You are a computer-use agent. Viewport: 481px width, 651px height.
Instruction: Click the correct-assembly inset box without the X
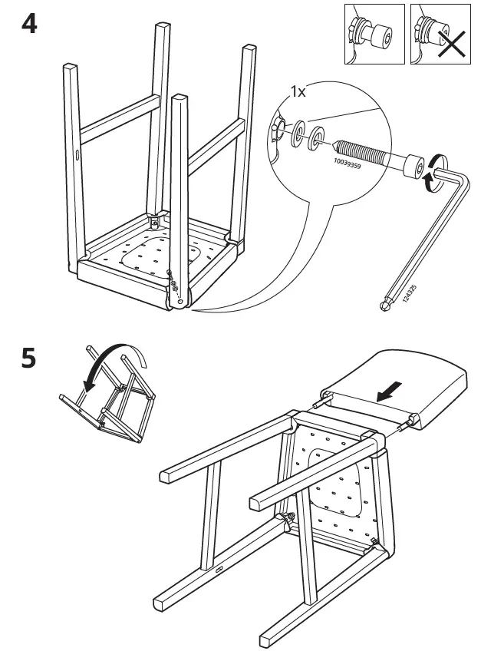coord(373,34)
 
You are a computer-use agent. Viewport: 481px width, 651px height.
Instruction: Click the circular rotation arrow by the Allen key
coord(436,170)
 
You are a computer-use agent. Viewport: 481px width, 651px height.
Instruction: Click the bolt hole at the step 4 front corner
coord(180,301)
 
